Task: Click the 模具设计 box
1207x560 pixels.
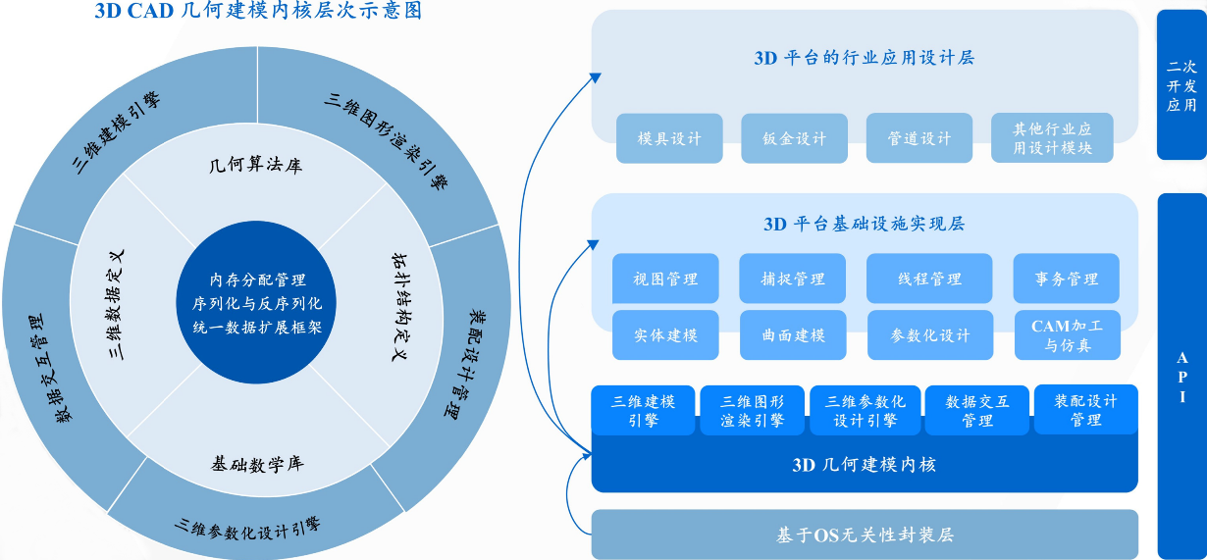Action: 669,138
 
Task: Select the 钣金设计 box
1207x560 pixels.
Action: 794,138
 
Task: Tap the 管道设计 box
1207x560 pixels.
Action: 919,138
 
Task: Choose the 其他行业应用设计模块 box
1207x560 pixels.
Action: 1052,138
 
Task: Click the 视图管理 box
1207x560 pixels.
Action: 665,279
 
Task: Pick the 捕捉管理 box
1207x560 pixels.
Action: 793,279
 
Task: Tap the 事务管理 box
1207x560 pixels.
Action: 1066,279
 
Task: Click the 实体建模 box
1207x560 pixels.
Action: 665,334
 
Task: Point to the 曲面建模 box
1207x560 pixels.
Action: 793,334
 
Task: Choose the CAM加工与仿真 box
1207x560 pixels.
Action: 1067,334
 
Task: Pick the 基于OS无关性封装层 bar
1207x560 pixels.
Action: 865,535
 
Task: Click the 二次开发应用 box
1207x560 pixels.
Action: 1181,85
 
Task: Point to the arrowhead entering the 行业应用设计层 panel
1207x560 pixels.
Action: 595,76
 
